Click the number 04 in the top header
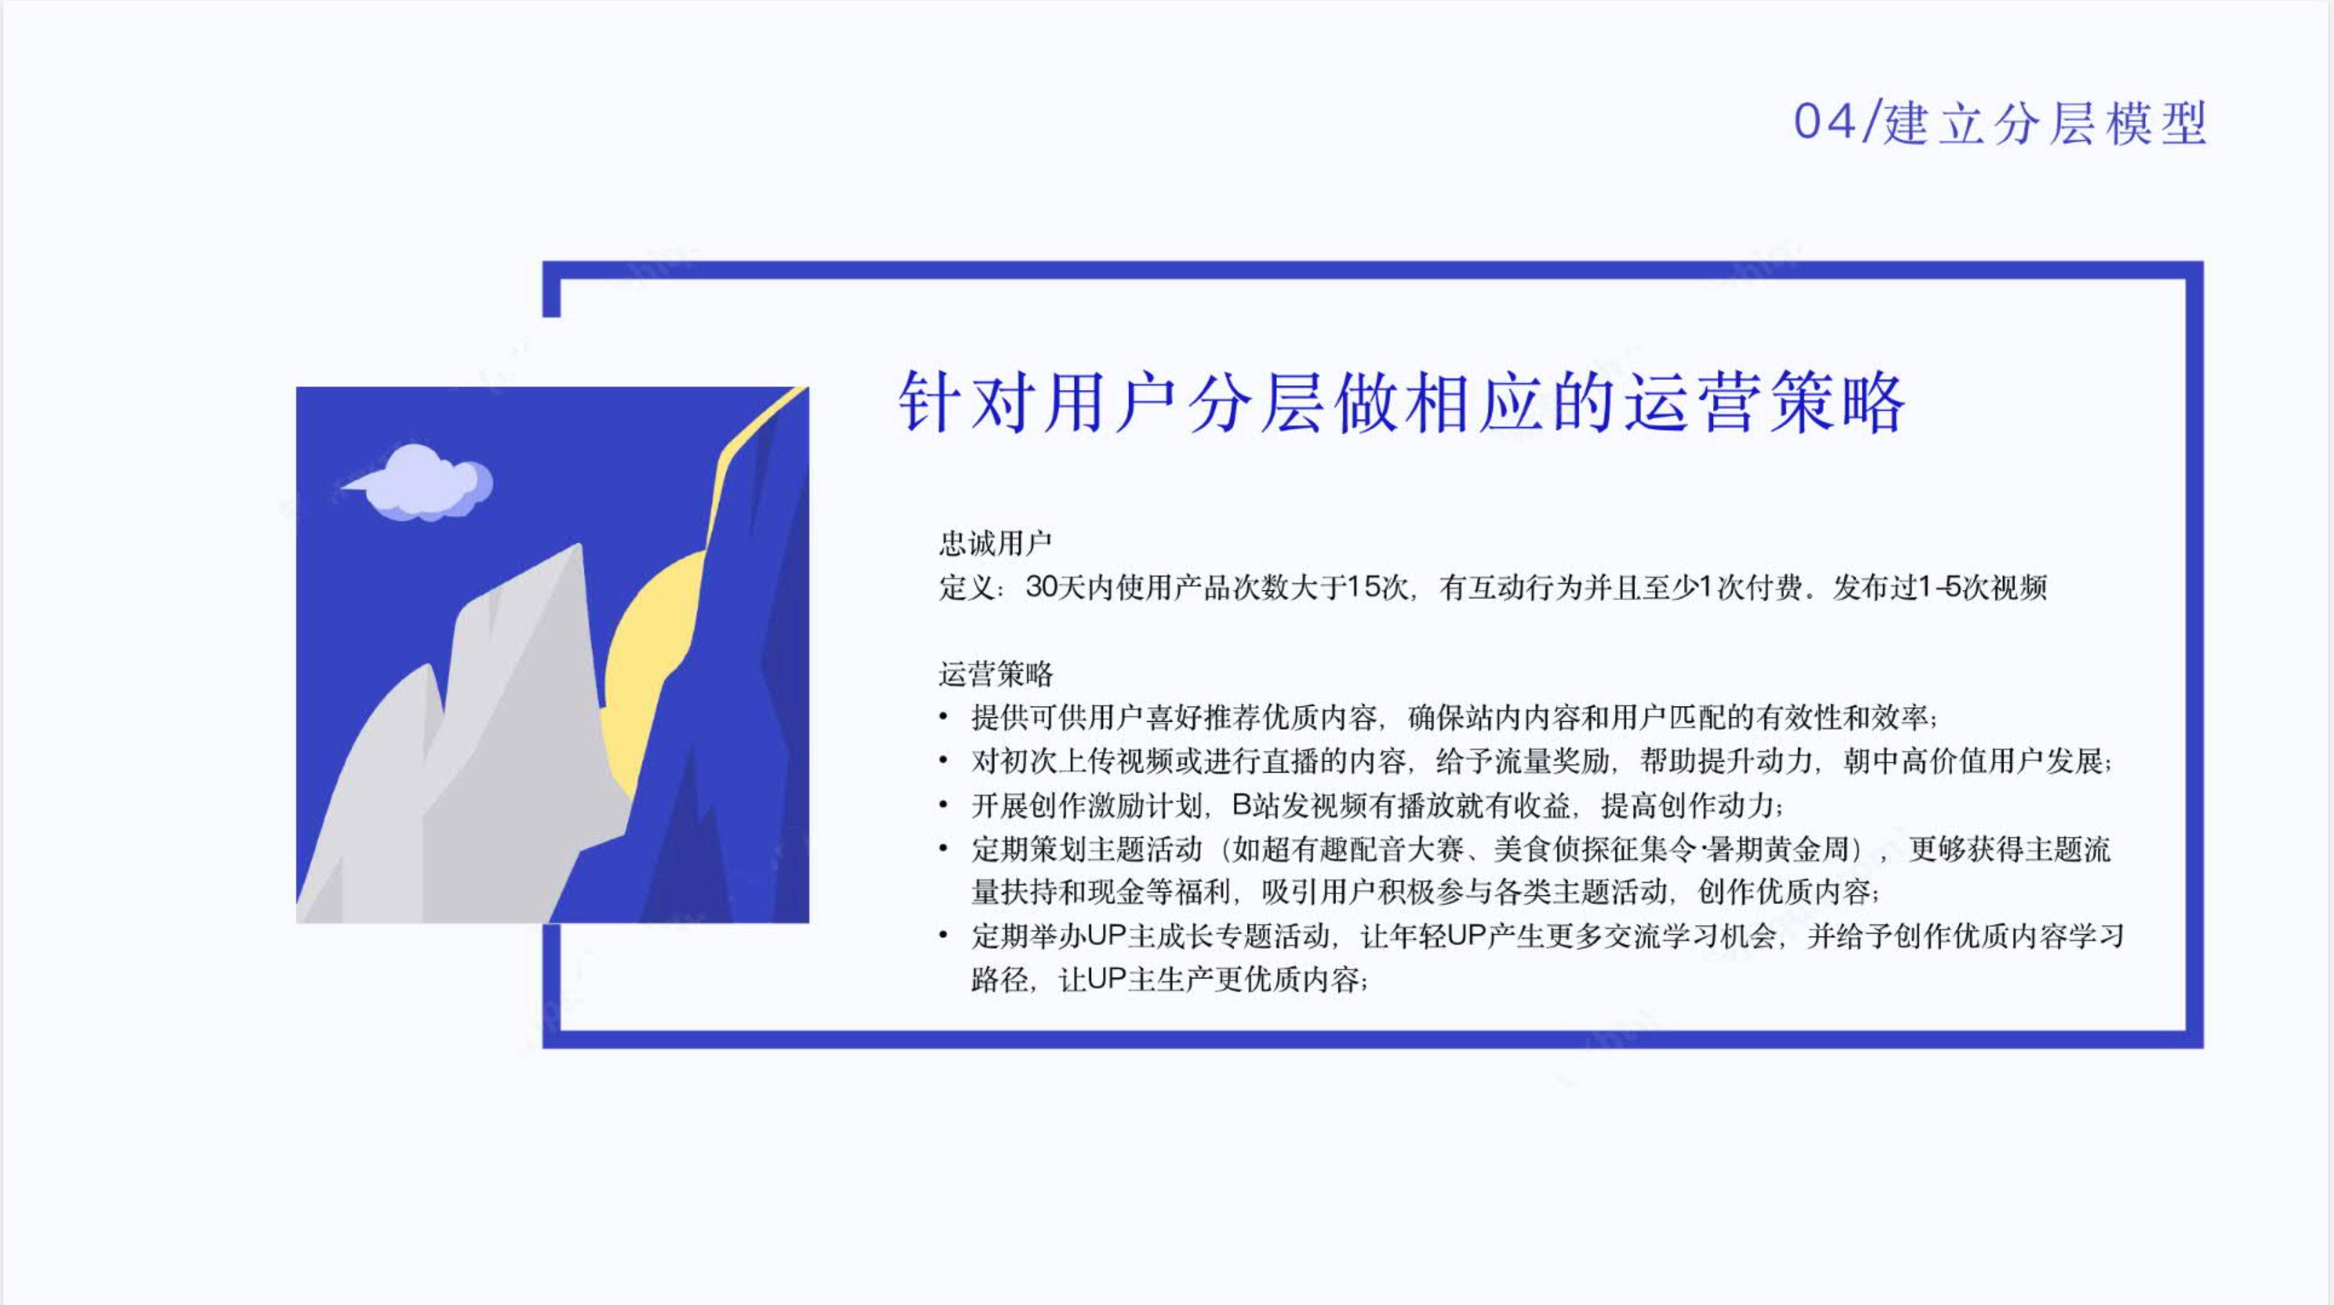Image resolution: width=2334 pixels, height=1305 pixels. tap(1825, 123)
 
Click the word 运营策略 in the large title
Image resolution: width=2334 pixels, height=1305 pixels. tap(1765, 401)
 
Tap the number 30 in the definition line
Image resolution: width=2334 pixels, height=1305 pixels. tap(1042, 587)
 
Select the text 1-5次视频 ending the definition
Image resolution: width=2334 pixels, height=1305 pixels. tap(1983, 587)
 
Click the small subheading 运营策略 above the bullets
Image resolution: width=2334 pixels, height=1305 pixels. tap(995, 673)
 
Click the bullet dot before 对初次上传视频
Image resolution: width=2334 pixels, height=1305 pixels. tap(944, 761)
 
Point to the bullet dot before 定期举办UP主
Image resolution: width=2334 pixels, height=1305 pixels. tap(944, 935)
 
